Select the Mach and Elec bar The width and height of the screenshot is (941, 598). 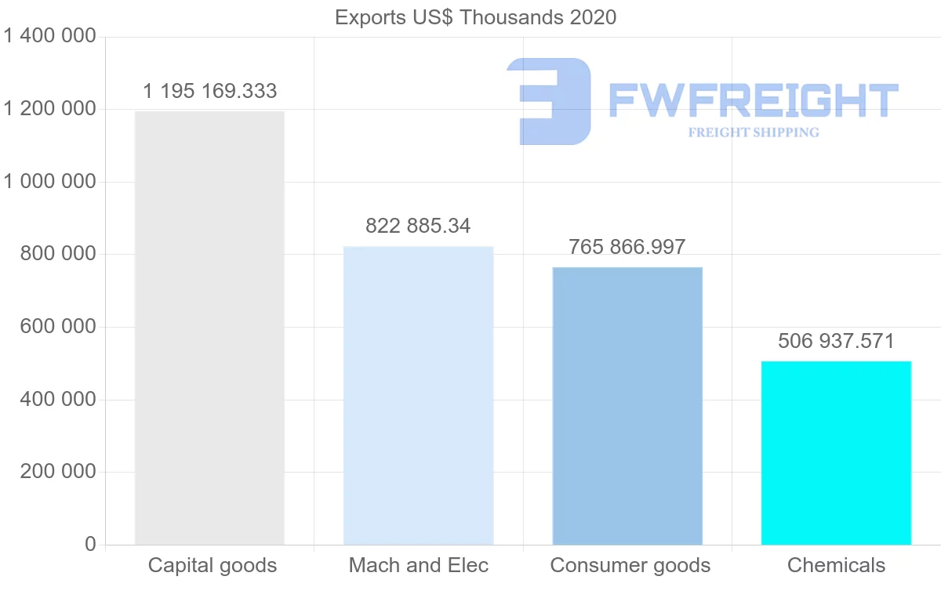[419, 396]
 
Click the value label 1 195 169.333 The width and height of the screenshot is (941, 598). [209, 92]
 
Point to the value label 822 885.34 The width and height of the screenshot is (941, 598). [418, 227]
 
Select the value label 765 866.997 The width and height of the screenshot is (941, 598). [627, 248]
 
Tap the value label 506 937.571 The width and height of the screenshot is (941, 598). [836, 342]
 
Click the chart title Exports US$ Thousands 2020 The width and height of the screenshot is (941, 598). [475, 17]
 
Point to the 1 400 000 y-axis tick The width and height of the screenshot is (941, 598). [50, 37]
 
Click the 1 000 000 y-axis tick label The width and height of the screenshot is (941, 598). [50, 182]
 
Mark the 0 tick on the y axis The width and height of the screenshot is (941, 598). [90, 545]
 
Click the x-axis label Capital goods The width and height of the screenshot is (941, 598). [213, 565]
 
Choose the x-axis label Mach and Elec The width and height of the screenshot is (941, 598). [419, 565]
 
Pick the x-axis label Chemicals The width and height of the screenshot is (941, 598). [836, 565]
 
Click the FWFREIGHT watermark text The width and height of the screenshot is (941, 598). [753, 100]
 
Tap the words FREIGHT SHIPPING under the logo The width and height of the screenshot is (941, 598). [754, 132]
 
